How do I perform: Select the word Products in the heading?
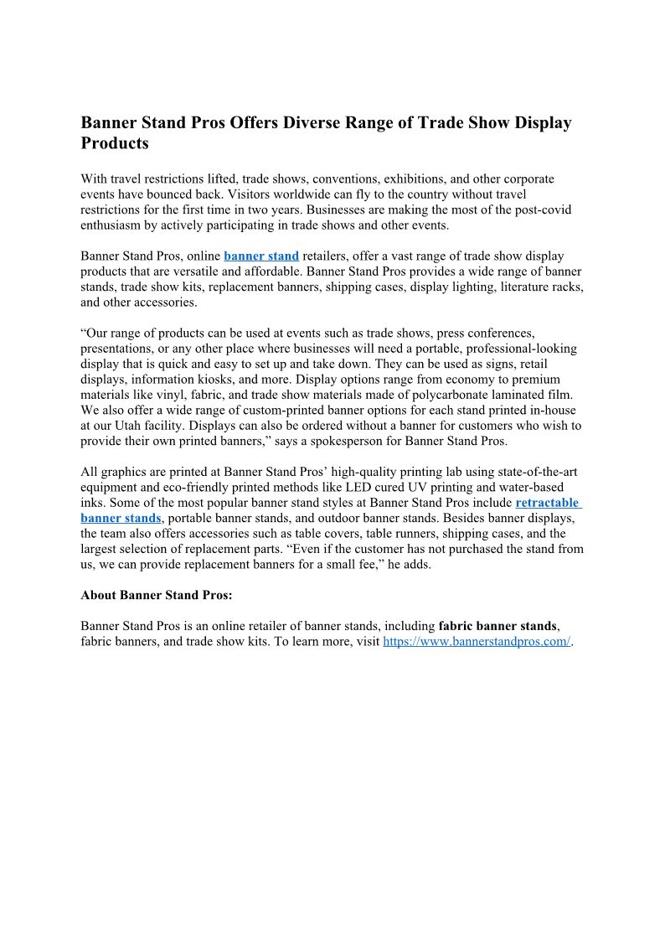(114, 143)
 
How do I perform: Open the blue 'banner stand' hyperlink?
(261, 256)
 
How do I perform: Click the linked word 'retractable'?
(547, 503)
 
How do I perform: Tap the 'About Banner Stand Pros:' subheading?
(156, 595)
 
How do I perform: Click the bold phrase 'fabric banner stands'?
(497, 626)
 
